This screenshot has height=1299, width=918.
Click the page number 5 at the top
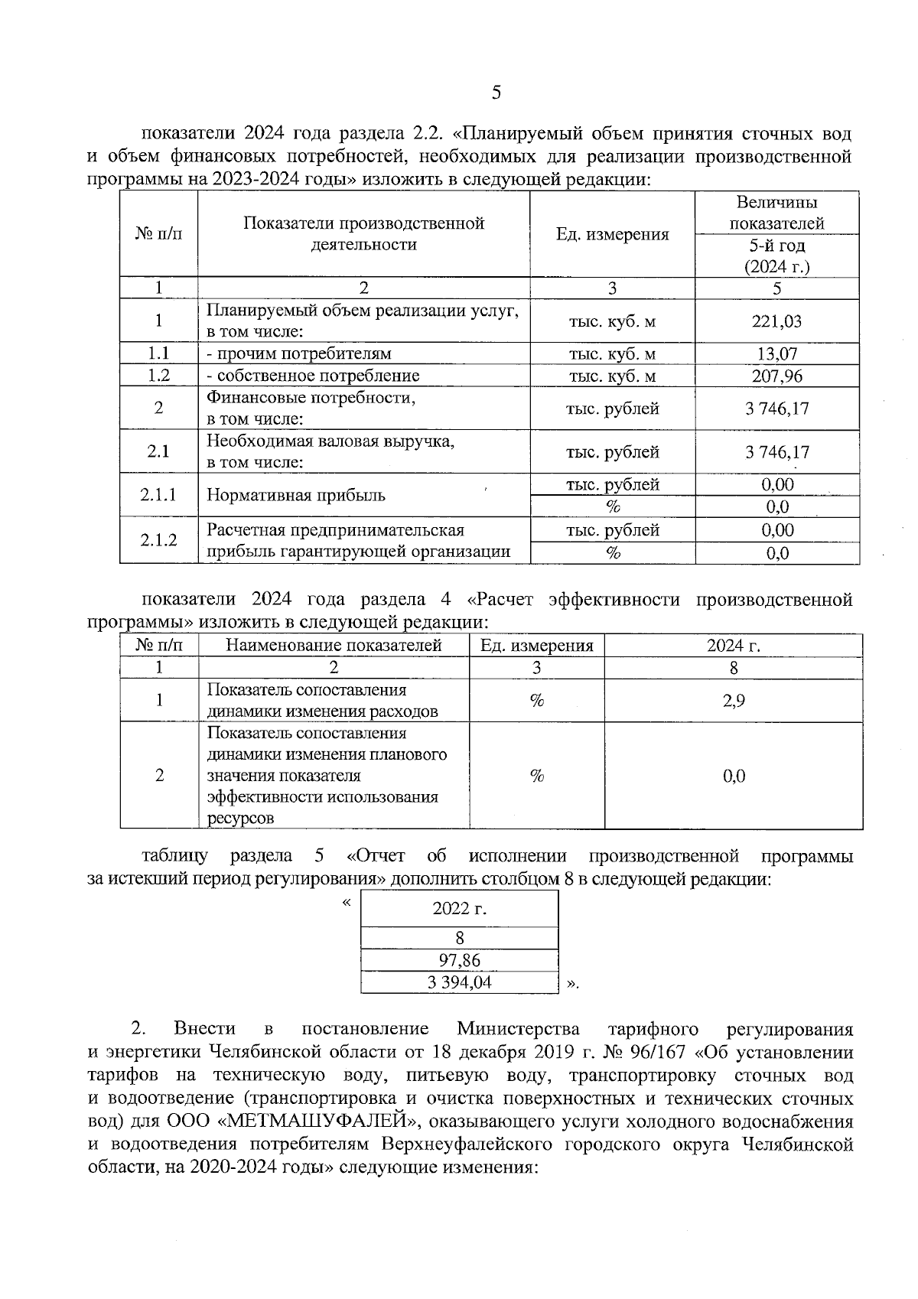[x=496, y=93]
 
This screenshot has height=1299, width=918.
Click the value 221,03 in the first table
[x=776, y=321]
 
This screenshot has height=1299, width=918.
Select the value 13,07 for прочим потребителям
[x=776, y=353]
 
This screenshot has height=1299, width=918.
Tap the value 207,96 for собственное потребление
[x=776, y=376]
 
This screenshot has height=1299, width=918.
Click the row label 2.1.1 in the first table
[x=158, y=495]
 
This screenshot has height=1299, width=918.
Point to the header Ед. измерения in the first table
[x=612, y=234]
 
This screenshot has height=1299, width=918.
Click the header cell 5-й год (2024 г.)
[x=776, y=256]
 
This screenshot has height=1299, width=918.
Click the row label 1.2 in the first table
[x=158, y=376]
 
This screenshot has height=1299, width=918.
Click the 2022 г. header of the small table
[x=459, y=909]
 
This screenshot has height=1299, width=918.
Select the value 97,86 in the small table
[x=459, y=961]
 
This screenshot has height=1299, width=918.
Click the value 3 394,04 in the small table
[x=459, y=982]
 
